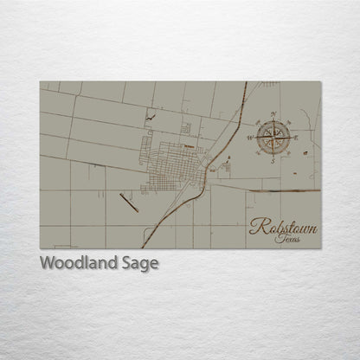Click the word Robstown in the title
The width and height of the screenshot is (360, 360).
[283, 228]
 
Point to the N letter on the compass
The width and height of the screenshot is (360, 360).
[273, 114]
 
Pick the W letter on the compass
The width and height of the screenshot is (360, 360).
[251, 137]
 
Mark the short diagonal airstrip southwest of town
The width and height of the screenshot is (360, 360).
[128, 202]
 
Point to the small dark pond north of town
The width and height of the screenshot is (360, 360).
[151, 114]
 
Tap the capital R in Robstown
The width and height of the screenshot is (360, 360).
[257, 228]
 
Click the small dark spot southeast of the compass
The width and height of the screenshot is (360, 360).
[305, 152]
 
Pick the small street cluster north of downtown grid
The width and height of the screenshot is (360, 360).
[184, 129]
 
